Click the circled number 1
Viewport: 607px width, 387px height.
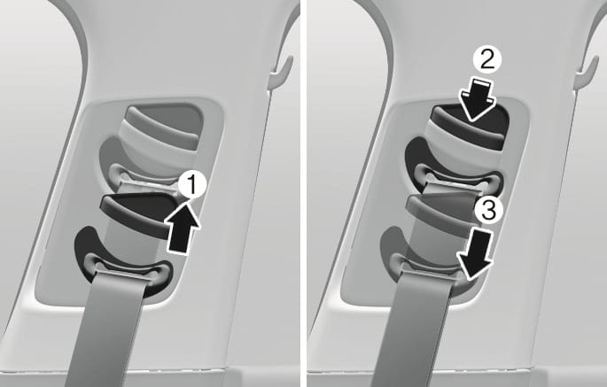tap(192, 186)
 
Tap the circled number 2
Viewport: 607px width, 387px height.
tap(487, 61)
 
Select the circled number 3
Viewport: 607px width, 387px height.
tap(488, 212)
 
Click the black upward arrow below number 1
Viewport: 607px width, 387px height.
tap(182, 228)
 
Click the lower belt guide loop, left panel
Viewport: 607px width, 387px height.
tap(124, 267)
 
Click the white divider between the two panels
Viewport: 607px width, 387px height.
tap(303, 193)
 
